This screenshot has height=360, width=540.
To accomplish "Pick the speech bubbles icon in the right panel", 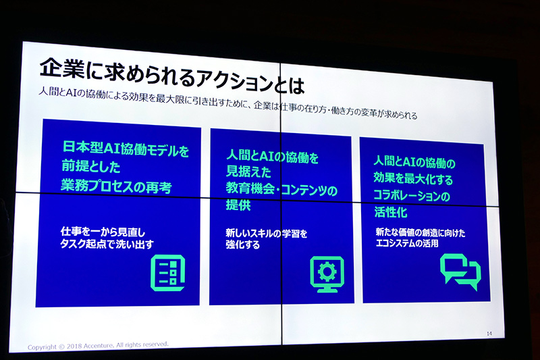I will tap(460, 271).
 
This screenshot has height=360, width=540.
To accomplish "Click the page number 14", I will tap(489, 333).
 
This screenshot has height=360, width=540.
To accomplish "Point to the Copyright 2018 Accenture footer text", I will tap(98, 344).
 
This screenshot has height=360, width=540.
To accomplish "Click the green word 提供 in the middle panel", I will tap(239, 207).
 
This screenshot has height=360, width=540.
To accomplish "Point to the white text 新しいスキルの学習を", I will tap(267, 234).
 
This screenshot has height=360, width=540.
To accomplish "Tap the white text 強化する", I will tap(243, 245).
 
